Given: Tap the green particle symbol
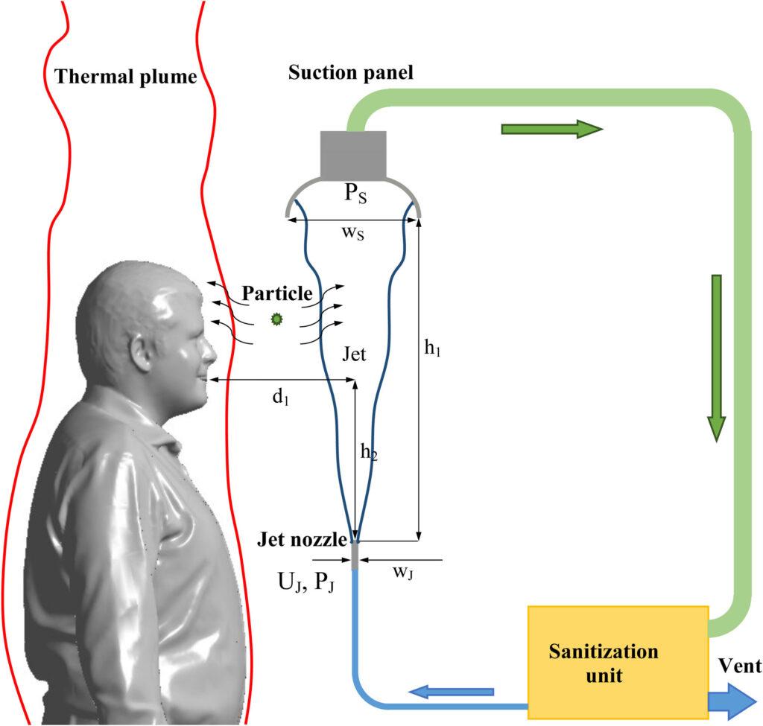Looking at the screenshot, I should tap(277, 319).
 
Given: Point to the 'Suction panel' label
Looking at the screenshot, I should tap(350, 73).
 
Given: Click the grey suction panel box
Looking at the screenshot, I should tap(353, 154).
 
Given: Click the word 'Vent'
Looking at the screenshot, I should tap(739, 666).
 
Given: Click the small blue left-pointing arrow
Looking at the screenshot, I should tap(452, 692).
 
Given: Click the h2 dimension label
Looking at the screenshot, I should tap(370, 451).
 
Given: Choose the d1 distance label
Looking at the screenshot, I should tap(280, 397).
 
